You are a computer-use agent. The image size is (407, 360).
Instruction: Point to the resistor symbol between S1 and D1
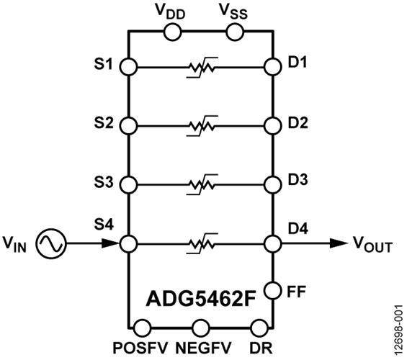(202, 68)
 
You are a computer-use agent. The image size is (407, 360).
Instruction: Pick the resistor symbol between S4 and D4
(202, 244)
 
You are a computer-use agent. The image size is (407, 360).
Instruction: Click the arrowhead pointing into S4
(111, 243)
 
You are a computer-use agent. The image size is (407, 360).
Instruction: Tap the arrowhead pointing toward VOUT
(339, 243)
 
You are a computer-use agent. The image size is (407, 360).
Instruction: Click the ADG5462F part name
(202, 299)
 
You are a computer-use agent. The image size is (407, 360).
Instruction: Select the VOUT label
(373, 245)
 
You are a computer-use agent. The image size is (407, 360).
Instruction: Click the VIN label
(15, 245)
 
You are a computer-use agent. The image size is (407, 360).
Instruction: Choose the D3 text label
(298, 179)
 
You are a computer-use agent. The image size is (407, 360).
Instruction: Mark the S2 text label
(104, 123)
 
